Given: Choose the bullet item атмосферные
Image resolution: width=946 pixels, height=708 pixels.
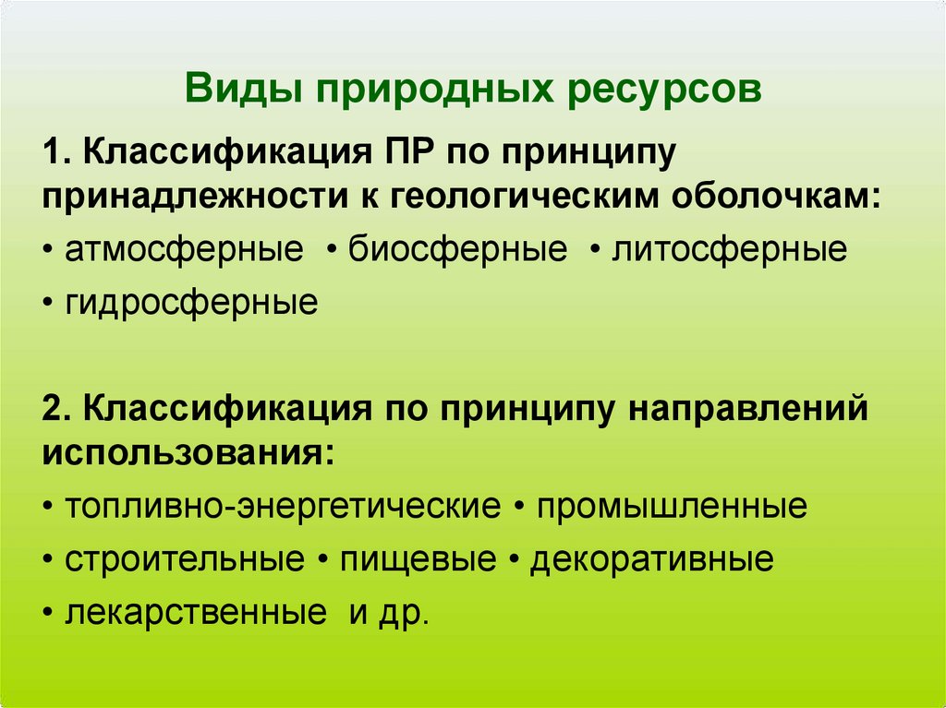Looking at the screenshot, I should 184,250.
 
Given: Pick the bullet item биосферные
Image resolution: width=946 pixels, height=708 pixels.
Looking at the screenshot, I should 457,250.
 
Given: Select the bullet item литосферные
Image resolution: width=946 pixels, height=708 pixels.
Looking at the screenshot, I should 729,250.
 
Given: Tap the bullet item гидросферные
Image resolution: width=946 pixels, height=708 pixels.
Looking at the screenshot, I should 191,302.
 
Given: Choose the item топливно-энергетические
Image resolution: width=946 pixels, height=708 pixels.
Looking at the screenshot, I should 283,507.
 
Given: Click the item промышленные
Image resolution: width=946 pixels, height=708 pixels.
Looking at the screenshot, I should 672,507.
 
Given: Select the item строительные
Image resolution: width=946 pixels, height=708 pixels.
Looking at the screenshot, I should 185,559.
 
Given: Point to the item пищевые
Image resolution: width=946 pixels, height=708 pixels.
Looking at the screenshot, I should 418,559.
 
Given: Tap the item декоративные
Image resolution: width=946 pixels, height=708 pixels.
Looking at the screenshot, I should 651,559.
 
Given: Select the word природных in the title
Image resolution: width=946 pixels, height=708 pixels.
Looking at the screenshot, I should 434,91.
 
